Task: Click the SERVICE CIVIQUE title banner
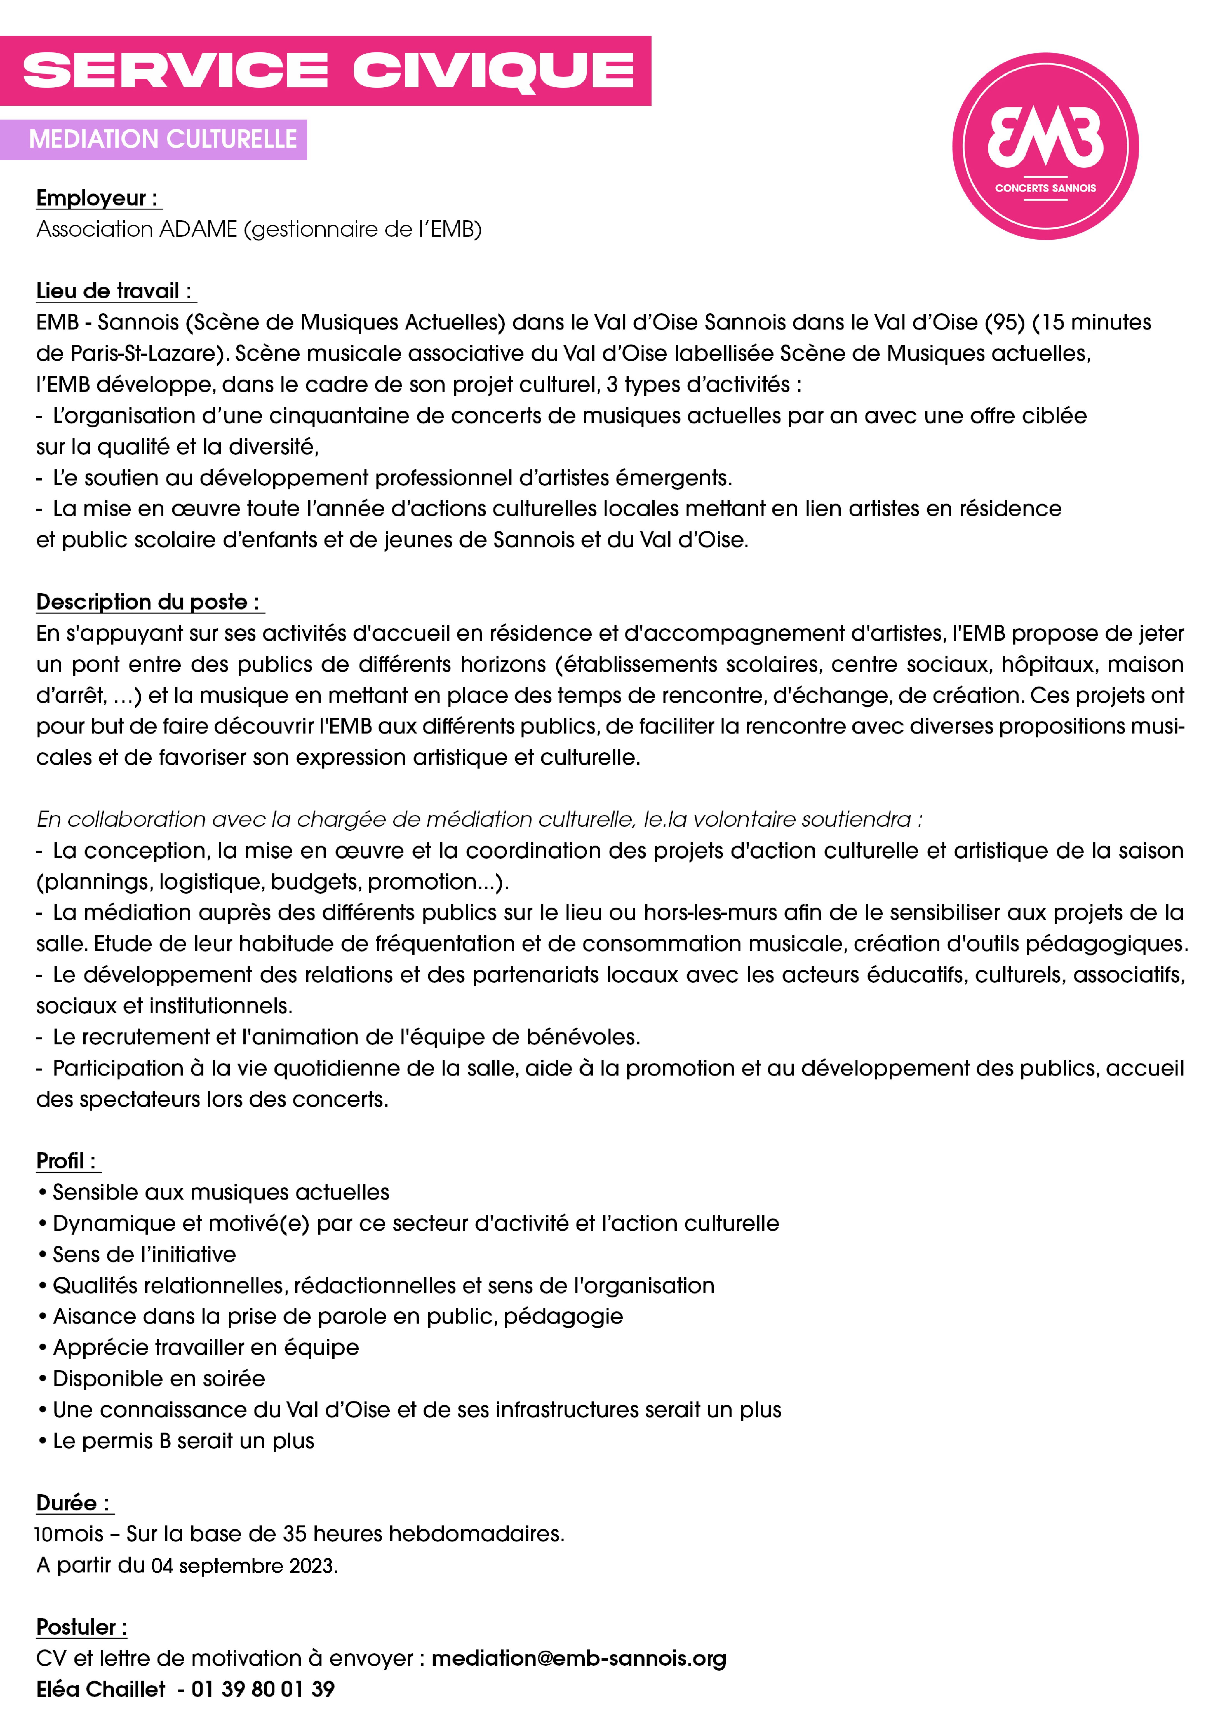click(x=326, y=70)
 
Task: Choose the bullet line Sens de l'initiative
click(x=143, y=1254)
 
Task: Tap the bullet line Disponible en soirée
click(x=158, y=1378)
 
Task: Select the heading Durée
click(x=73, y=1503)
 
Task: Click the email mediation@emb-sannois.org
click(x=579, y=1658)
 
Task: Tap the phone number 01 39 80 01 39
click(x=263, y=1690)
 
